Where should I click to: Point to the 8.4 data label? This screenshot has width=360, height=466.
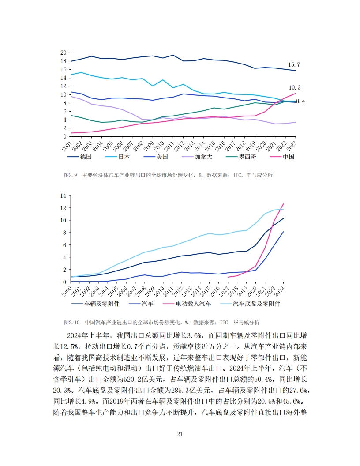tap(300, 101)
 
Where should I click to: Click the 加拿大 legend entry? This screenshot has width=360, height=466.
tap(173, 157)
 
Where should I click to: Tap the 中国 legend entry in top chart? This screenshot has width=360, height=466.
tap(288, 157)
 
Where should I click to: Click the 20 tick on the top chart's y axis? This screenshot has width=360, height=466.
tap(63, 53)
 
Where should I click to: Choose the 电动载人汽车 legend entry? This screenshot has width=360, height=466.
tap(193, 304)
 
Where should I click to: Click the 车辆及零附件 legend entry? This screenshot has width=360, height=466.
tap(101, 304)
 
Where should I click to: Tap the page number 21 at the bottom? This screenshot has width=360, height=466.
tap(180, 434)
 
